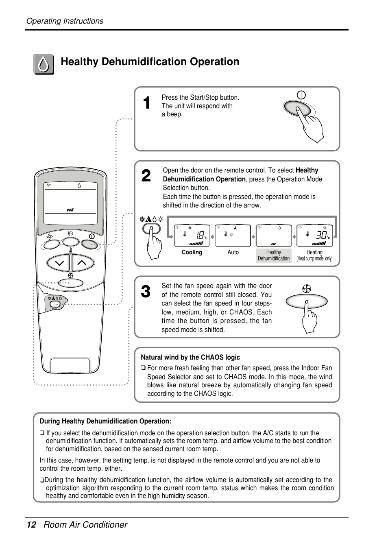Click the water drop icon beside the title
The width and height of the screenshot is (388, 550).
click(x=44, y=64)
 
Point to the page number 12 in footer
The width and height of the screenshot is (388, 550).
click(x=31, y=525)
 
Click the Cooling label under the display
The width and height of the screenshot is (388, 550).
click(x=192, y=253)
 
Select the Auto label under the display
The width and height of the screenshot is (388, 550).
click(x=233, y=253)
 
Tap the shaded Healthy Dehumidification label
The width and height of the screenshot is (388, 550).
click(x=274, y=255)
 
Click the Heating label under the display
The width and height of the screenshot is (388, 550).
click(x=314, y=253)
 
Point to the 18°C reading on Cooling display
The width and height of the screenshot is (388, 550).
click(x=200, y=236)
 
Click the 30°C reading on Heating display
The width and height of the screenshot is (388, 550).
click(x=322, y=236)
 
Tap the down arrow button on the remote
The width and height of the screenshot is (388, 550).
click(x=59, y=263)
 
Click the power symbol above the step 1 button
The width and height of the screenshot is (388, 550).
click(x=301, y=95)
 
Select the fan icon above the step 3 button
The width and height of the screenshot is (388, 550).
click(x=307, y=289)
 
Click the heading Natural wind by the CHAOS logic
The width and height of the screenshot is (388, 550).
click(x=190, y=358)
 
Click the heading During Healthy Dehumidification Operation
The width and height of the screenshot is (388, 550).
click(x=105, y=421)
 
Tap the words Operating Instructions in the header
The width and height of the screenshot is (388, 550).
click(x=65, y=21)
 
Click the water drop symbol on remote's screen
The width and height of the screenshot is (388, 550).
click(x=79, y=186)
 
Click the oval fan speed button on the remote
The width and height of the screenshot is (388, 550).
click(x=71, y=283)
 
